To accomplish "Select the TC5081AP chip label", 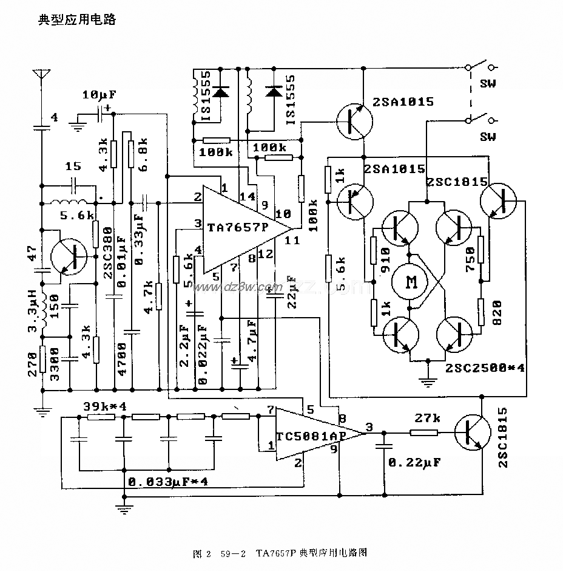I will (x=304, y=436).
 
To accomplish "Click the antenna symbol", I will (x=41, y=77).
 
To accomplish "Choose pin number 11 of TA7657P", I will (x=292, y=240).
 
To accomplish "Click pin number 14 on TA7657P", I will (x=248, y=196).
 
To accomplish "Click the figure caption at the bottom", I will (x=280, y=553).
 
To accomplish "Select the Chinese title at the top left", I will (x=77, y=19).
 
